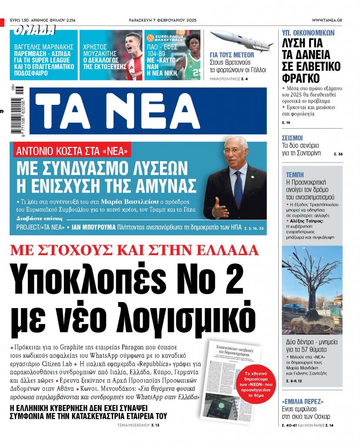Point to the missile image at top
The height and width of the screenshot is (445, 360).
(241, 42)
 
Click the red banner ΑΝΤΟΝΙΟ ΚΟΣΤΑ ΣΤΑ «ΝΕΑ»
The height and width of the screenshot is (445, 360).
(72, 152)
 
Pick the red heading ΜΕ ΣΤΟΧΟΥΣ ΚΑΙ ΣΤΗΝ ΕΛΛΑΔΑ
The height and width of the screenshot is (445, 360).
(134, 251)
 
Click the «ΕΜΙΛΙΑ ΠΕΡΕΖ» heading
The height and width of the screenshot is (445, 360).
(303, 401)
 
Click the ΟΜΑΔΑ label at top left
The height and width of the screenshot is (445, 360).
(34, 30)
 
